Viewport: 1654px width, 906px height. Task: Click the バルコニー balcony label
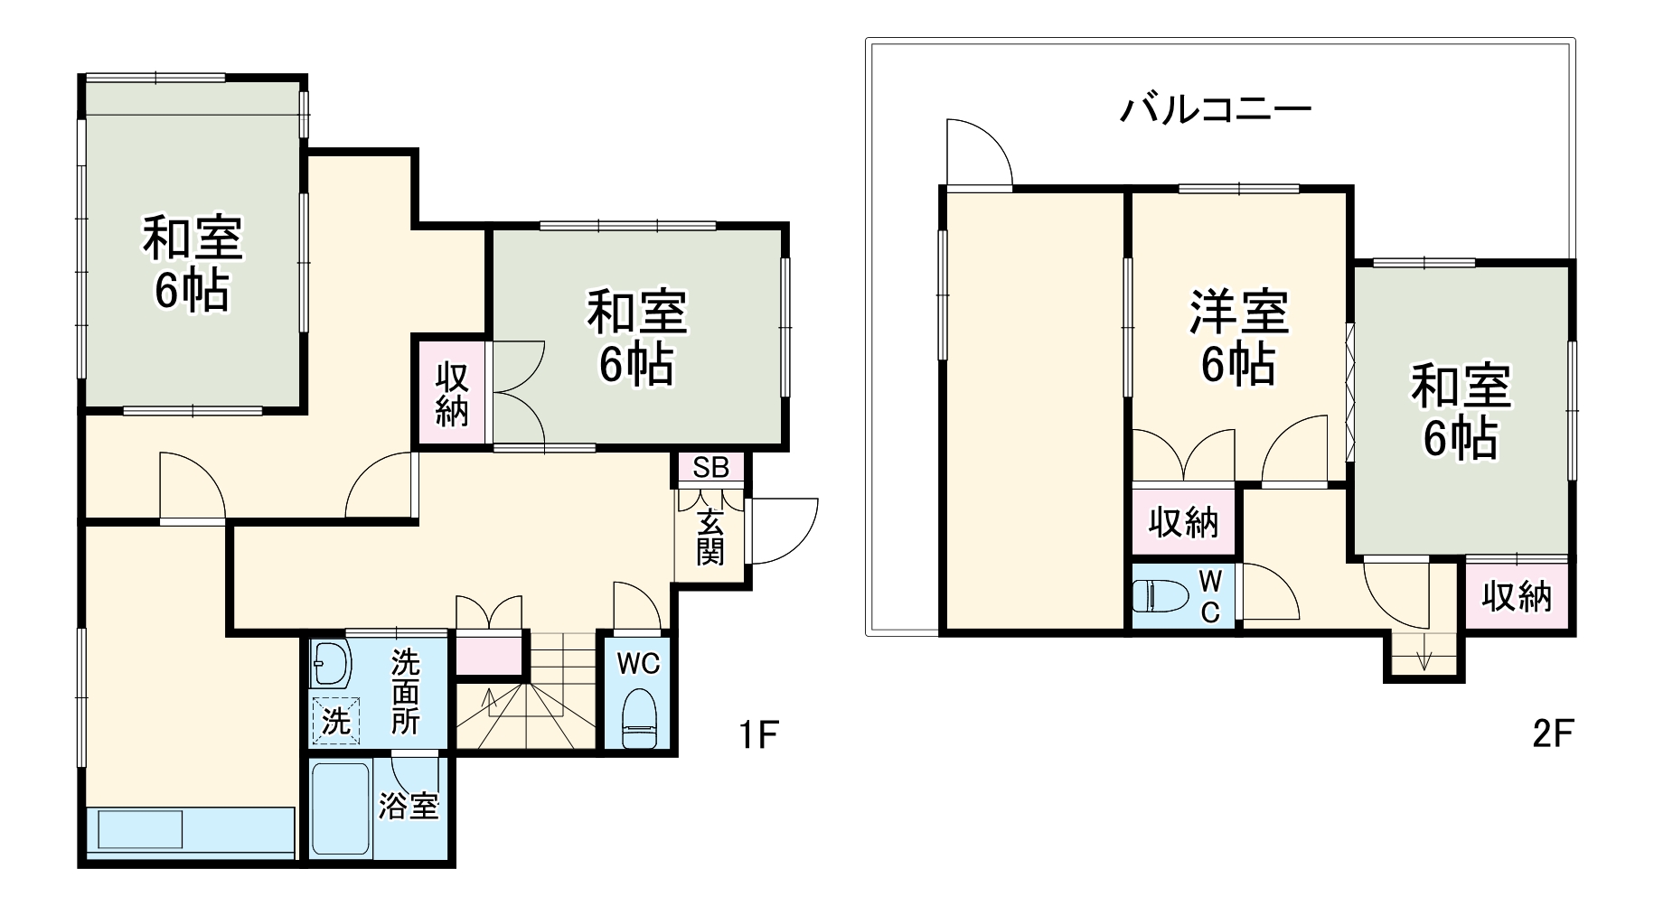(1216, 110)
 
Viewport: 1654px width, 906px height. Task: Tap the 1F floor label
(757, 736)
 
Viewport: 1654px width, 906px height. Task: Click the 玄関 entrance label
(710, 537)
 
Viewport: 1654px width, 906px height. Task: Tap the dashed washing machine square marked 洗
(335, 721)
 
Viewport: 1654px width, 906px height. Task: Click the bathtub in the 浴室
(340, 808)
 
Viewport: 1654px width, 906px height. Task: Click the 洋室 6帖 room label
(1238, 337)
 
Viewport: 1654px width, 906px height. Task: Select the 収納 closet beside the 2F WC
(1183, 522)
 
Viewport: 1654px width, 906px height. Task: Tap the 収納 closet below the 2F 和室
(1517, 596)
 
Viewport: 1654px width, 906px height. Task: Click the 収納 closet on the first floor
(451, 394)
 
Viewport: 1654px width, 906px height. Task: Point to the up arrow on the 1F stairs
(490, 700)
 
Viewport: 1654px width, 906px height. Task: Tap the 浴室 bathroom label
(409, 806)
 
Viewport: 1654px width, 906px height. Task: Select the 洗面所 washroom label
(405, 692)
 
